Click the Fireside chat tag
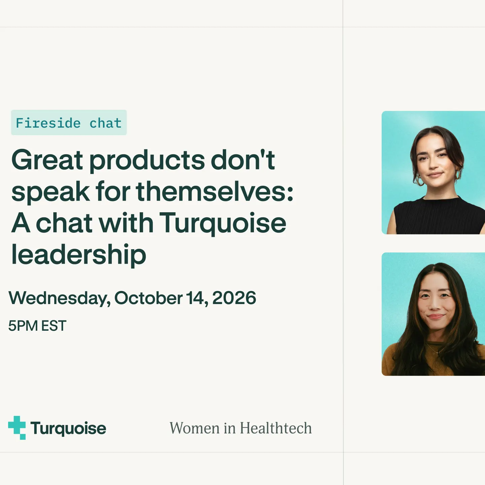click(69, 123)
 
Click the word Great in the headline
click(47, 160)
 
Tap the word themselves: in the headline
click(215, 192)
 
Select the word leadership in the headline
click(79, 255)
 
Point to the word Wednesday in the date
click(59, 298)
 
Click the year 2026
click(234, 298)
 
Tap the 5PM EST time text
click(37, 326)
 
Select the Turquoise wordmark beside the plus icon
click(68, 428)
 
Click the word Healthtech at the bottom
click(276, 428)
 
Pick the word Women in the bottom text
click(195, 428)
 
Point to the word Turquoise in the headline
click(223, 223)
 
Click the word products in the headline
click(147, 161)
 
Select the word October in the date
click(149, 298)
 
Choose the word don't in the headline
click(243, 160)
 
